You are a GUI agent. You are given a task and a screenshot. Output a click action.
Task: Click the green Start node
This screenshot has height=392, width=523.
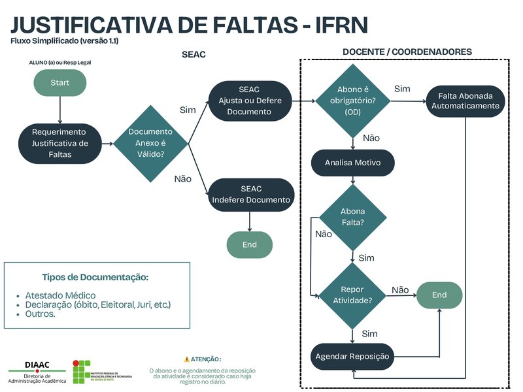coord(59,82)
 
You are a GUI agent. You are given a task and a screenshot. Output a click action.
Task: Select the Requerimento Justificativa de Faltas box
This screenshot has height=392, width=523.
coord(59,143)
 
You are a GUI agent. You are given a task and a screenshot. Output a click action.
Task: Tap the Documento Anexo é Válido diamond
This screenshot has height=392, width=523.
coord(150,143)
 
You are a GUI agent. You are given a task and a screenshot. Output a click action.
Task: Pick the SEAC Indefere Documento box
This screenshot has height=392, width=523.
coord(250,194)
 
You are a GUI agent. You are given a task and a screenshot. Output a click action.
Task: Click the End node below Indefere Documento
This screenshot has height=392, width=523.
coord(250,244)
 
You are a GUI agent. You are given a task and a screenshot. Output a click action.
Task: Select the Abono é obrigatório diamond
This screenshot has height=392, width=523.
coord(352,101)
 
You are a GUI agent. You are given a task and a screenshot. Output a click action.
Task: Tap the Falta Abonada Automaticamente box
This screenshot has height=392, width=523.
coord(465,101)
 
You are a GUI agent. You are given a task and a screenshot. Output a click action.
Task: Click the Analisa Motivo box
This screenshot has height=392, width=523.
coord(352,163)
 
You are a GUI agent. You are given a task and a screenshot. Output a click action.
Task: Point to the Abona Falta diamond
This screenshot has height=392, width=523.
coord(353,217)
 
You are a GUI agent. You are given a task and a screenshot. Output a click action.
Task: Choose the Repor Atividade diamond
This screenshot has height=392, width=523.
coord(352,295)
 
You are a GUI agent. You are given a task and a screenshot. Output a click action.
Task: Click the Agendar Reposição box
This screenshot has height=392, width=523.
coord(352,356)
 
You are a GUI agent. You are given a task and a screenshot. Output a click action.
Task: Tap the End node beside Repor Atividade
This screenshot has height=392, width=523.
coord(439,295)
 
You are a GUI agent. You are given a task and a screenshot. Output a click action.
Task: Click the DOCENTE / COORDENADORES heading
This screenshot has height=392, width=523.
coord(407,52)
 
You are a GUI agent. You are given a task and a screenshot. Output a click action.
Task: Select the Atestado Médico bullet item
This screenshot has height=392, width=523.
coord(60,295)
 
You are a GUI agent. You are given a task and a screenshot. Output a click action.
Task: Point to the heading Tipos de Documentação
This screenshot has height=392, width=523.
coord(95,278)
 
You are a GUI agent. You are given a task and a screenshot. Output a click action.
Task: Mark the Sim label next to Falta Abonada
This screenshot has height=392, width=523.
coord(403,89)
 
